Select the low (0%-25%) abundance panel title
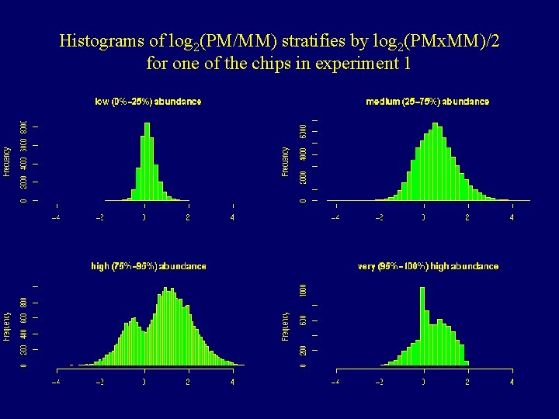[x=148, y=102]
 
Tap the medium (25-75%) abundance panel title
[x=427, y=102]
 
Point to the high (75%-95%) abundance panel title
[x=148, y=266]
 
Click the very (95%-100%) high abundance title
[x=428, y=266]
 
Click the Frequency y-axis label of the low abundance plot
[x=7, y=161]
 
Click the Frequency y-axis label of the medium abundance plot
[x=286, y=161]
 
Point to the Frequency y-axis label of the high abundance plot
[x=7, y=326]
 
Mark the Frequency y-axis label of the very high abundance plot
[x=286, y=326]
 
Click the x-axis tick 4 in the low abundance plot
[x=232, y=217]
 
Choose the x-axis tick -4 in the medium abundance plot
[x=335, y=217]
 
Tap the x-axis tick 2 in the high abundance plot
[x=188, y=382]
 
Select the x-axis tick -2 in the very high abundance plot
[x=379, y=382]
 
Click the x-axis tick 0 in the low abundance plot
[x=144, y=217]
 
